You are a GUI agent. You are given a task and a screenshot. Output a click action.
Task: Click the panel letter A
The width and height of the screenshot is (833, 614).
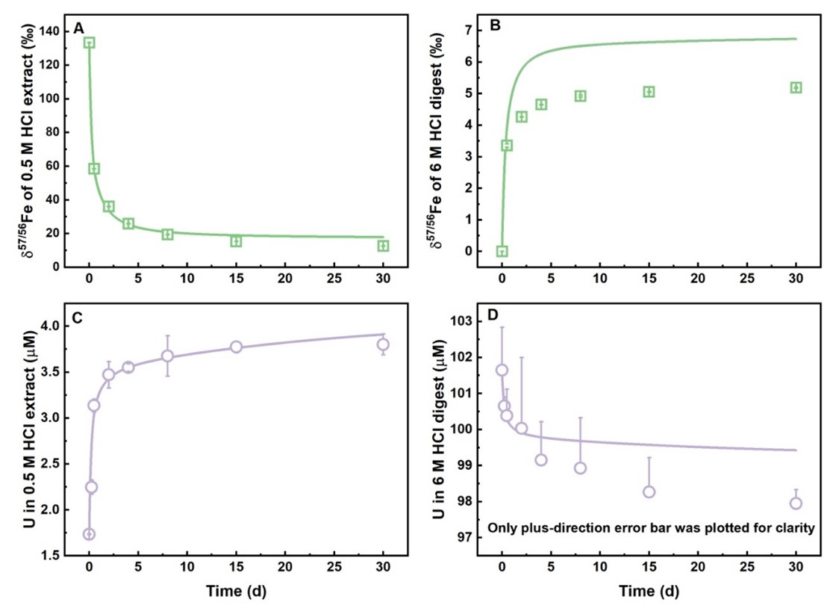coord(78,29)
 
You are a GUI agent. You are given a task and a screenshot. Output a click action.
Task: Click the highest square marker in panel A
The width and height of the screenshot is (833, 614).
coord(90,43)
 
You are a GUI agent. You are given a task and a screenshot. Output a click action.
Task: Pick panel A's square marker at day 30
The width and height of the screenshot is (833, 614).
coord(384,246)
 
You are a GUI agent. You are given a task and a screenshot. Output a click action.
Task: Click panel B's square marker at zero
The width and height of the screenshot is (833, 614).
coord(502,252)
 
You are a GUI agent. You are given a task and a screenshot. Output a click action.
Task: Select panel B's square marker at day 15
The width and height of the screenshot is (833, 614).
coord(649,92)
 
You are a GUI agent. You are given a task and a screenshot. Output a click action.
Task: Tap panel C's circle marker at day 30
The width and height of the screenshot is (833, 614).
coord(384,344)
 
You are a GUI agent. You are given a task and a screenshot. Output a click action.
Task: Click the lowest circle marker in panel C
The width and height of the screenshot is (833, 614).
coord(90,534)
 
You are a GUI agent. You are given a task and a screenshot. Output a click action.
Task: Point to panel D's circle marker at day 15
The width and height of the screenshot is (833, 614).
coord(649,491)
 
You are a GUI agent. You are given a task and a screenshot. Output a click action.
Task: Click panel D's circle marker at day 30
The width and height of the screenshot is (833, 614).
coord(796,503)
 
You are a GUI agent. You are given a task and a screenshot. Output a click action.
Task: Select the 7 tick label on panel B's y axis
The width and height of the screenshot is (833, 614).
coord(469,30)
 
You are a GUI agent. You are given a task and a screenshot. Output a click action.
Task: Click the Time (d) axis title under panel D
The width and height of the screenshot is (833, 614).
coord(649,592)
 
